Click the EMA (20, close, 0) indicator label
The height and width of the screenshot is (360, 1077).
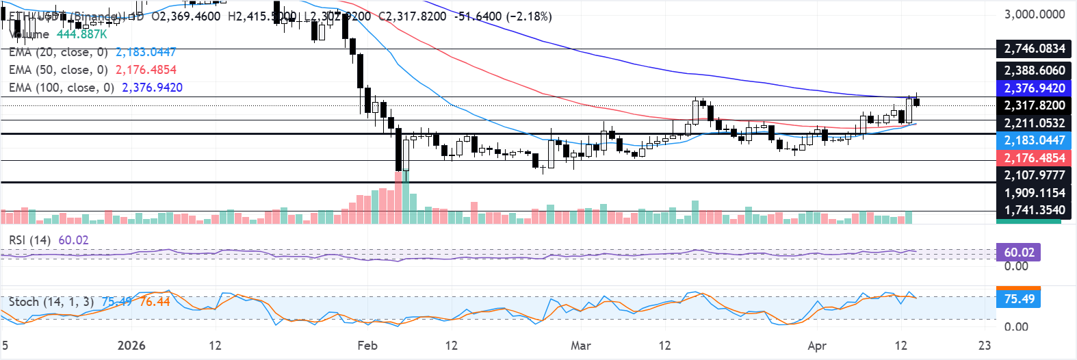(x=58, y=52)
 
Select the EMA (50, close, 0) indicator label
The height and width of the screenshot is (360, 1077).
(x=58, y=70)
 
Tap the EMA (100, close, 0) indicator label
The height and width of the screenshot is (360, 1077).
(x=62, y=88)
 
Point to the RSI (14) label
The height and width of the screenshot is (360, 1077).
(x=29, y=240)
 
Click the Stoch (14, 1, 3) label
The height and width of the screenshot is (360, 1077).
(x=51, y=302)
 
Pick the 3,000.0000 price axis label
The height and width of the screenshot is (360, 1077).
(x=1034, y=14)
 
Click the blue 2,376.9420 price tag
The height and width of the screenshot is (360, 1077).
(x=1034, y=88)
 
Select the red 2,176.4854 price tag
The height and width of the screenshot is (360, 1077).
(x=1034, y=158)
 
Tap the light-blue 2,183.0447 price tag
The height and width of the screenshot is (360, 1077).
(x=1034, y=140)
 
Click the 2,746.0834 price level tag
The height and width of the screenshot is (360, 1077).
(x=1034, y=49)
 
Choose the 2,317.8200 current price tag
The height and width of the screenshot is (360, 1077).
(x=1034, y=105)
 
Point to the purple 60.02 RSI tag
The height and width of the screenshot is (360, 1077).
(x=1019, y=253)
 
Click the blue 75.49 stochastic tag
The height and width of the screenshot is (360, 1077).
(x=1019, y=299)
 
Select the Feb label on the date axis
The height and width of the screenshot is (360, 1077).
(x=367, y=346)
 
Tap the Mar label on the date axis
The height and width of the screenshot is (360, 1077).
(x=581, y=346)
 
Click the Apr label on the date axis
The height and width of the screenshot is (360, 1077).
(x=817, y=346)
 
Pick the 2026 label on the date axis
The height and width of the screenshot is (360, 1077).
(x=131, y=346)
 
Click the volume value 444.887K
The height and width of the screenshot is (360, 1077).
(x=82, y=34)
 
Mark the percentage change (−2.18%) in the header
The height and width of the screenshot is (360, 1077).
(x=529, y=16)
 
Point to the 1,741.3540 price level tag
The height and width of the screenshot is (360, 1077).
(x=1034, y=210)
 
